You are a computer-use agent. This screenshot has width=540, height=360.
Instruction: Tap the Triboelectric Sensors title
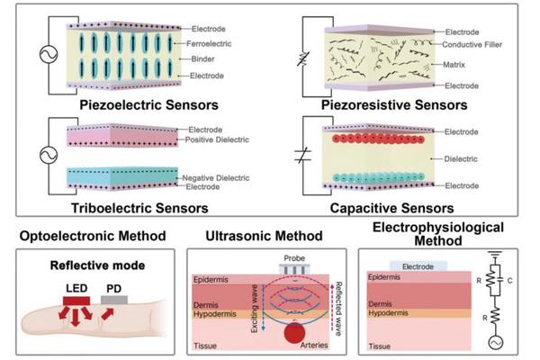(x=127, y=209)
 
